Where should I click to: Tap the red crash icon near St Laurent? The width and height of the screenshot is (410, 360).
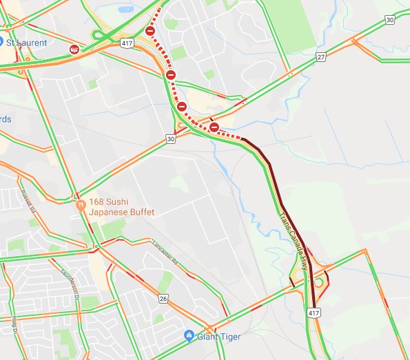pyautogui.click(x=74, y=50)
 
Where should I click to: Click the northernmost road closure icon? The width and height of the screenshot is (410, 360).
pyautogui.click(x=150, y=31)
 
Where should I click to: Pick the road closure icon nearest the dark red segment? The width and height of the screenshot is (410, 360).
pyautogui.click(x=214, y=127)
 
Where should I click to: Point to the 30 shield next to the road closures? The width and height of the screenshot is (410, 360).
pyautogui.click(x=171, y=139)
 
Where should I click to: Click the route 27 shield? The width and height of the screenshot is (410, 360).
pyautogui.click(x=320, y=56)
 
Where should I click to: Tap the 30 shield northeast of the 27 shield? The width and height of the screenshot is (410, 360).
pyautogui.click(x=390, y=20)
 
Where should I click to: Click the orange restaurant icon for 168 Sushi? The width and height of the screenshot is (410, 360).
pyautogui.click(x=81, y=204)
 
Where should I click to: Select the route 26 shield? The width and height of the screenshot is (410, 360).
pyautogui.click(x=163, y=298)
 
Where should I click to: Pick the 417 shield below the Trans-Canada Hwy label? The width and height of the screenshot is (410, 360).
pyautogui.click(x=314, y=313)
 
